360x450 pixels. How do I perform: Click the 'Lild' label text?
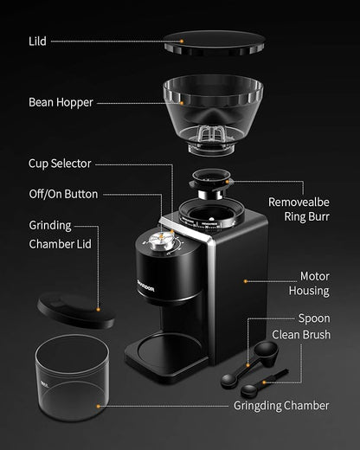tap(37, 41)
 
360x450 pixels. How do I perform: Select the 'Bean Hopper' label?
tap(61, 102)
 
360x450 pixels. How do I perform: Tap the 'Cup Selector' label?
tap(60, 163)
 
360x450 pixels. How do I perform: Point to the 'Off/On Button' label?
tap(63, 194)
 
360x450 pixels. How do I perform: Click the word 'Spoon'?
tap(313, 318)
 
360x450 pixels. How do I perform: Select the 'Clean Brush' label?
tap(300, 334)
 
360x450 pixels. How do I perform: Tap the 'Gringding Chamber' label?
tap(281, 405)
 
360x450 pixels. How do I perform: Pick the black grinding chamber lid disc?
tap(76, 309)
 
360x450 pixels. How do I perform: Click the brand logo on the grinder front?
tap(145, 278)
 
